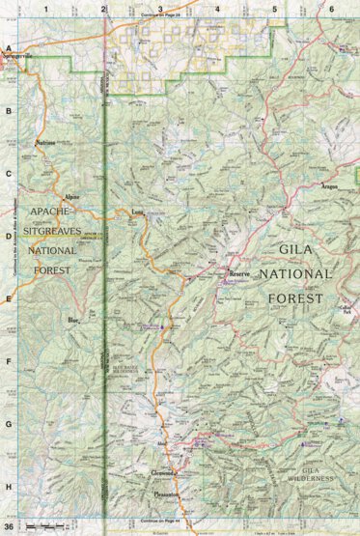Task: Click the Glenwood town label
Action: pos(162,473)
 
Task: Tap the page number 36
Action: pos(10,527)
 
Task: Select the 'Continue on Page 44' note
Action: pos(160,521)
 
